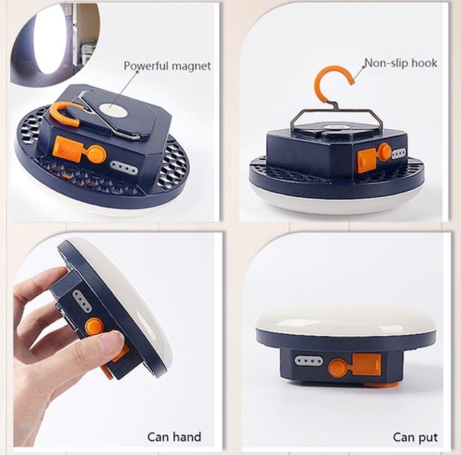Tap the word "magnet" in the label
[191, 66]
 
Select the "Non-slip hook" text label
[400, 63]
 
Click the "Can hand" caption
[175, 437]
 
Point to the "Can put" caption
[415, 438]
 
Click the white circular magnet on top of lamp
[113, 110]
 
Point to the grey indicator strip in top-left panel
[124, 168]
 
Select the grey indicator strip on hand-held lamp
[82, 301]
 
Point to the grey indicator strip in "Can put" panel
[309, 360]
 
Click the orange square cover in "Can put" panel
[366, 364]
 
